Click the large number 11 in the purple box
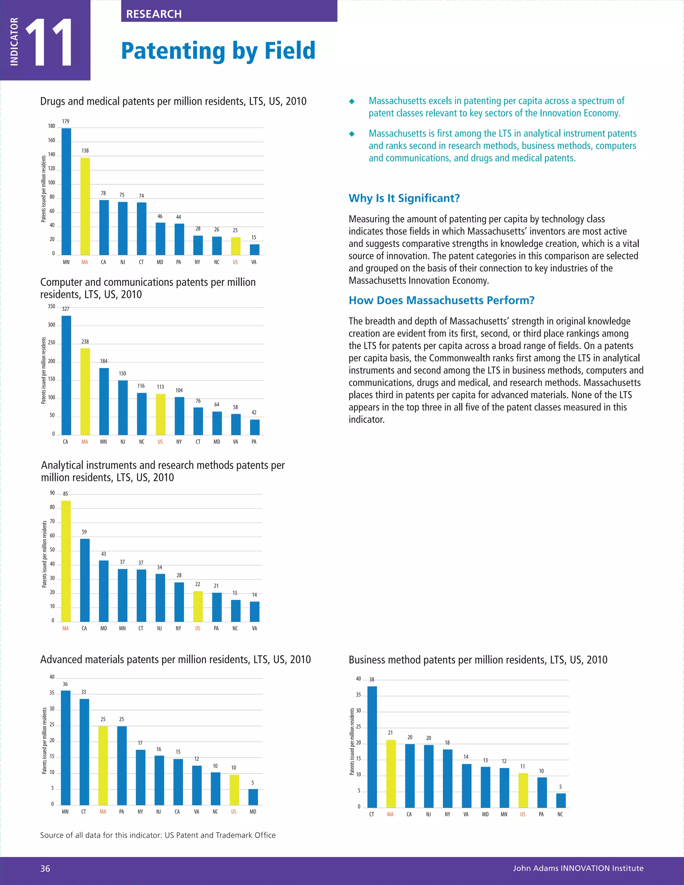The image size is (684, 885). tap(49, 42)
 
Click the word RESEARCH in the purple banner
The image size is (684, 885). tap(154, 14)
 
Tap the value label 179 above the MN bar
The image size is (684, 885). tap(66, 121)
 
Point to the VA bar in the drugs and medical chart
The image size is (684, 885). tap(254, 249)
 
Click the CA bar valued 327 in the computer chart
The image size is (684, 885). tap(66, 375)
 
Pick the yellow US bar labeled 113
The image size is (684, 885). tap(160, 414)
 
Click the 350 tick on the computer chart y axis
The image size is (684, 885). tap(51, 306)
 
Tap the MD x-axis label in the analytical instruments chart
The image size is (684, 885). tap(104, 628)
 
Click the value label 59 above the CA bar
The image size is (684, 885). tap(84, 532)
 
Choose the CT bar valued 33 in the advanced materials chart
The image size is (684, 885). tap(84, 752)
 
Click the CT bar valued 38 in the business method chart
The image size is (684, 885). tap(372, 747)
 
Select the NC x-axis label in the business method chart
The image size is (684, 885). tap(560, 814)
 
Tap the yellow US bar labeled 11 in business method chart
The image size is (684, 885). tap(523, 790)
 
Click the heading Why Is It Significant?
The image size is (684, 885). tap(404, 198)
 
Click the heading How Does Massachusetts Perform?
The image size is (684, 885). tap(441, 300)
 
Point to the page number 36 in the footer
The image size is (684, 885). tap(45, 868)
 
